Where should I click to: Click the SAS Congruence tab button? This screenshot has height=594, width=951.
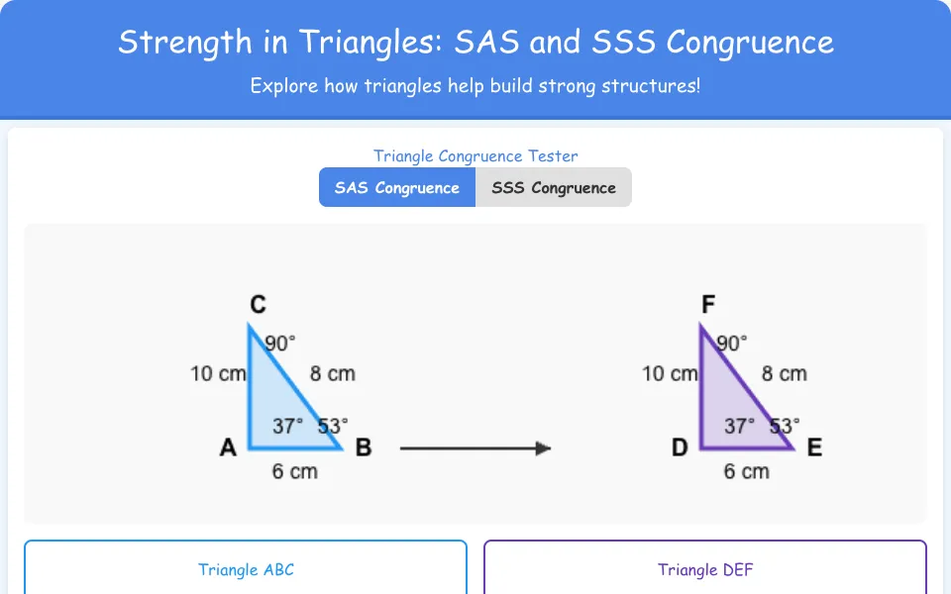point(397,187)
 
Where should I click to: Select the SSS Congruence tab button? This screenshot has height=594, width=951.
point(554,187)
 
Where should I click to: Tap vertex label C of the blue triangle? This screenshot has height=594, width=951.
point(258,304)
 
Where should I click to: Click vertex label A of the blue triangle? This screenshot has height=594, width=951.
point(228,447)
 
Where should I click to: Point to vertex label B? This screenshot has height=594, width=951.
point(364,447)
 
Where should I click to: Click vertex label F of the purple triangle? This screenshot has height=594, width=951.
point(707,304)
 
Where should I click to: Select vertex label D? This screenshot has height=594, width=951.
point(680,447)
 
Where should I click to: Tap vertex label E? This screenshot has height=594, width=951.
point(814,447)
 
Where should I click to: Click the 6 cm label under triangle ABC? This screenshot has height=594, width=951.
point(295,471)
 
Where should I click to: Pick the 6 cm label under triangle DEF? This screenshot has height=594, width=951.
point(747,471)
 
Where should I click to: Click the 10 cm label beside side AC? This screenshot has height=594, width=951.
point(218,373)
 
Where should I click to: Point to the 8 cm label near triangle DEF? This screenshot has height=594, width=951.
point(785,373)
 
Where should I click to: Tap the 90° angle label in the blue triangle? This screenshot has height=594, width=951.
point(280,344)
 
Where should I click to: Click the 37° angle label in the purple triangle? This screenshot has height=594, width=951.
point(739,426)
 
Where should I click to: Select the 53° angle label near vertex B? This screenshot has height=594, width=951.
point(333,426)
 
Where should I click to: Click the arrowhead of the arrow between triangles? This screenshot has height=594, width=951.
point(544,448)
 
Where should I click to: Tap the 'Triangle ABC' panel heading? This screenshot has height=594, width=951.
point(246,570)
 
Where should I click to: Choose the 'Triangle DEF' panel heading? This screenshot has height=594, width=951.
point(705,570)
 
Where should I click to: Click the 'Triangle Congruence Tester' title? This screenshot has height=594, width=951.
point(475,155)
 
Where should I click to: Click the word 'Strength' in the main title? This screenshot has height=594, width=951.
point(185,43)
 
